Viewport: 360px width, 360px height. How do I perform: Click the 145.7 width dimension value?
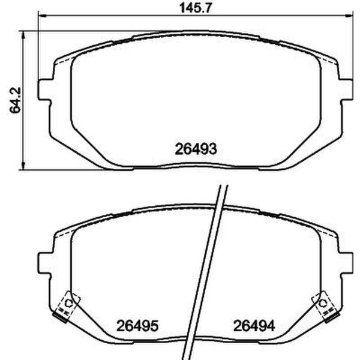[x=196, y=8]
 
